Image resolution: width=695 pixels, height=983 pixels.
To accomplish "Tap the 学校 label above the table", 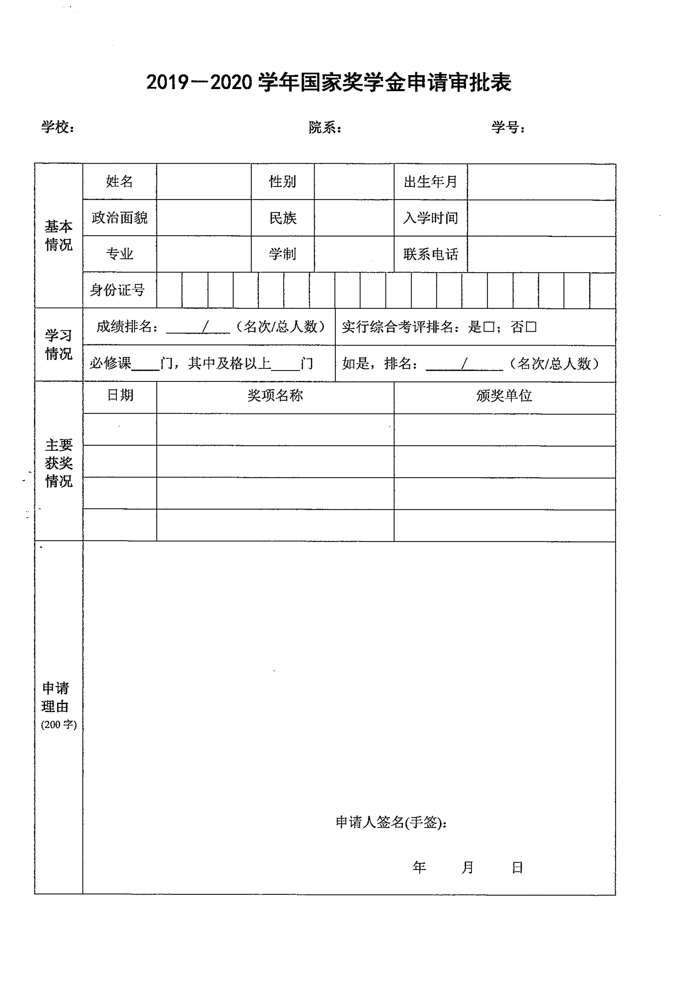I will click(x=58, y=127).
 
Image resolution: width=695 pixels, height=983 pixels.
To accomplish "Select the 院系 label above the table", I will click(x=325, y=128).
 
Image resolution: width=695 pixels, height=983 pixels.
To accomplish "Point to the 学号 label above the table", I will click(x=508, y=127).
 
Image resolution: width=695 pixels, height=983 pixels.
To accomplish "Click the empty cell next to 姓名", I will click(x=203, y=181).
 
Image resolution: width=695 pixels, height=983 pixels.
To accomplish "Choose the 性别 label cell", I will click(x=283, y=181).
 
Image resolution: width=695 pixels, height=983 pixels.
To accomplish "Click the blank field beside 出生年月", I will click(x=541, y=181).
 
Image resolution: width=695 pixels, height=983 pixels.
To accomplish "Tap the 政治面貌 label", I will click(x=119, y=217).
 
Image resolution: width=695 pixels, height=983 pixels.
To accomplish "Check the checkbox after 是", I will click(x=489, y=327).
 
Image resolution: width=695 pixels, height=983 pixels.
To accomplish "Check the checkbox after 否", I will click(x=531, y=327).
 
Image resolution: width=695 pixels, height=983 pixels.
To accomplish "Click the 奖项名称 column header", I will click(x=275, y=395).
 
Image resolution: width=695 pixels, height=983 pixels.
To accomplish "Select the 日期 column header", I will click(x=120, y=395).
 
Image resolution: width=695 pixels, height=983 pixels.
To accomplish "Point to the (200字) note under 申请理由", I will click(x=59, y=725).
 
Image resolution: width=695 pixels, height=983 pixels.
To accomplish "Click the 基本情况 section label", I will click(x=59, y=235).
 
